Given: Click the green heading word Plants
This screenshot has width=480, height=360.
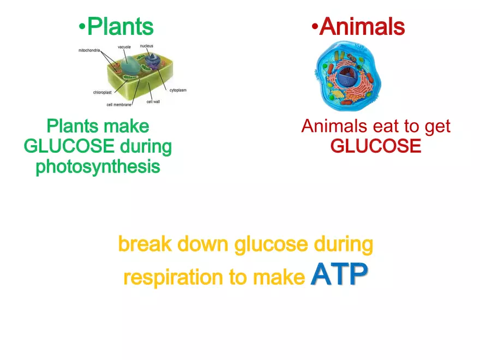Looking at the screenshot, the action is click(x=121, y=27).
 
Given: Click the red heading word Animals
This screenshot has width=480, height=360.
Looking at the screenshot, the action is click(x=362, y=27).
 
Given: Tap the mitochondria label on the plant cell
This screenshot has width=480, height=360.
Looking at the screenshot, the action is click(x=89, y=50).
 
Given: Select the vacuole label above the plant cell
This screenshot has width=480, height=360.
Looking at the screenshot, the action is click(x=124, y=47).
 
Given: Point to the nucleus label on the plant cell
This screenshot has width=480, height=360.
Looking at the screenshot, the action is click(x=147, y=46).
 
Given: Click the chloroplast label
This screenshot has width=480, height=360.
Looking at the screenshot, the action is click(x=102, y=92).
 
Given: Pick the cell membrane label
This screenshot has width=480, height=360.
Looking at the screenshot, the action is click(x=119, y=105).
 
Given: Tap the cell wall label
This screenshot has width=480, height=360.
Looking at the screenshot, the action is click(x=153, y=101).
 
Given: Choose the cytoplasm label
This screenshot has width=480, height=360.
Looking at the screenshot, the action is click(x=178, y=90).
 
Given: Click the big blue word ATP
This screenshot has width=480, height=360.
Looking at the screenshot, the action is click(x=339, y=274).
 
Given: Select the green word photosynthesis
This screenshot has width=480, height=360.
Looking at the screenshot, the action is click(x=98, y=167).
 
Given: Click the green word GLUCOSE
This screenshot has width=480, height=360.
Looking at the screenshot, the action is click(x=69, y=146).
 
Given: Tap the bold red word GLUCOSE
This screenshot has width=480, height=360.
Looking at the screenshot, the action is click(x=376, y=146).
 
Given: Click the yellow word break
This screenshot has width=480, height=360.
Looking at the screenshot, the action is click(x=145, y=244).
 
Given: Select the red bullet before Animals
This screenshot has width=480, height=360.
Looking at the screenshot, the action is click(x=315, y=27).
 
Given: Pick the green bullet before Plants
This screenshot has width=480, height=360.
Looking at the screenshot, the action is click(x=82, y=27).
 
